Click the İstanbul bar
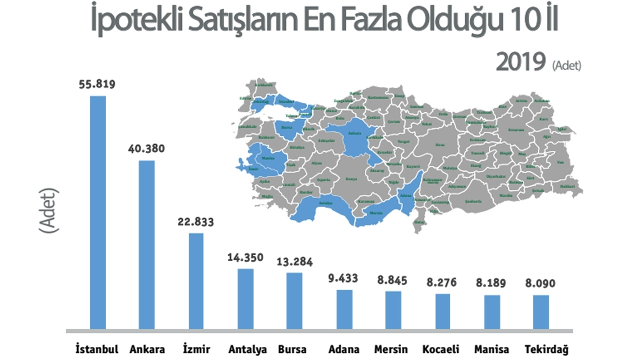(x=97, y=212)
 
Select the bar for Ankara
(x=146, y=245)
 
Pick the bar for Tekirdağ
(x=540, y=312)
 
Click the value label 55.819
(x=97, y=84)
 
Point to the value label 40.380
(x=146, y=149)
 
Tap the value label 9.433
(x=343, y=278)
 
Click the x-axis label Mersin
(x=390, y=349)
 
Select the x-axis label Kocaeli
(x=441, y=349)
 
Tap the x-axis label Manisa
(x=491, y=349)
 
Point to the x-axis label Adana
(x=343, y=349)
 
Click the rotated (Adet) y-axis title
(x=49, y=210)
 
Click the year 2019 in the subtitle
(x=520, y=63)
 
